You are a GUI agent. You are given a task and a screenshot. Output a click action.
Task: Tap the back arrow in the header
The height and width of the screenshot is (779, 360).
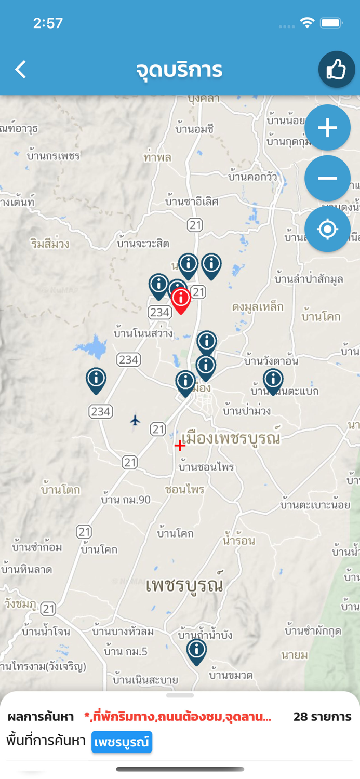click(21, 69)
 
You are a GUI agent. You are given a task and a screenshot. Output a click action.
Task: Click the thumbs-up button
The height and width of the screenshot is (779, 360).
click(336, 69)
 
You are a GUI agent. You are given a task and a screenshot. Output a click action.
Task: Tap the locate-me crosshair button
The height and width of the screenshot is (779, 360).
click(327, 229)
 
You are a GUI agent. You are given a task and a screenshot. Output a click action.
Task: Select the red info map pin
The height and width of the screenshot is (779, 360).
click(181, 299)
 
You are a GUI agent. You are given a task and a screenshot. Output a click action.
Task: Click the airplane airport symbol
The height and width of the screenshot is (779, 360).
click(135, 420)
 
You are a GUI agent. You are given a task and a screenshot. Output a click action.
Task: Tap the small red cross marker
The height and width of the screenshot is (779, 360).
click(180, 445)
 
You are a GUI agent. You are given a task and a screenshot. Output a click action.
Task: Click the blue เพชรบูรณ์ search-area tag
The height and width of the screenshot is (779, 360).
click(122, 742)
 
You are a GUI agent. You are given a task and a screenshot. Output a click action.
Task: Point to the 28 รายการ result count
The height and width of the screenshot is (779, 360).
click(322, 717)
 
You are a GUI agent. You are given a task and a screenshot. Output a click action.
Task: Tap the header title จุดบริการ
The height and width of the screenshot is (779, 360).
click(179, 70)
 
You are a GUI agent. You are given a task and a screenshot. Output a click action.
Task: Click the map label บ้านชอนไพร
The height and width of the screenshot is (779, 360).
click(206, 467)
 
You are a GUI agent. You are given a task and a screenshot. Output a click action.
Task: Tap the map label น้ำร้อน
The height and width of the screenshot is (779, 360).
click(239, 541)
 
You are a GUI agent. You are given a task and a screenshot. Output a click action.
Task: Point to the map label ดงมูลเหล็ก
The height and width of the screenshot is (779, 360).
click(258, 307)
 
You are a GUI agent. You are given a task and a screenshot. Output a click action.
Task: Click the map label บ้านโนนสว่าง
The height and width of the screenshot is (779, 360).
click(143, 333)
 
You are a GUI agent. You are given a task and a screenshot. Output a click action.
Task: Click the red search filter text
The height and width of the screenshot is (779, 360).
click(178, 717)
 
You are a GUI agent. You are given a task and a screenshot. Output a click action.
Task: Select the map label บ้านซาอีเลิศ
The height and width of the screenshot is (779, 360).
click(192, 201)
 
